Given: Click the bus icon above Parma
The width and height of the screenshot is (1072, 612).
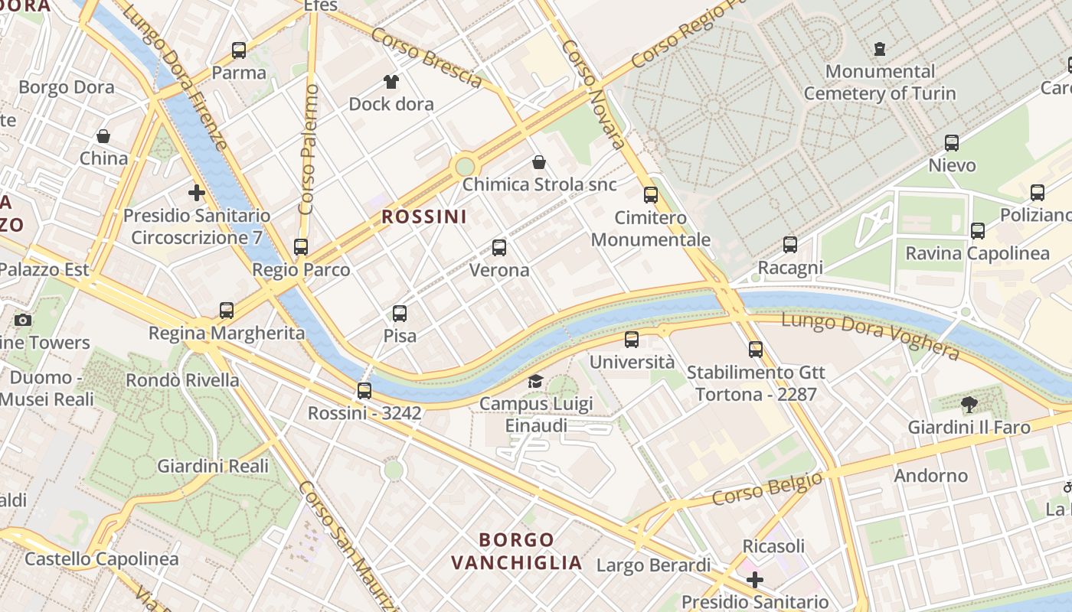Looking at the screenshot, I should tap(239, 50).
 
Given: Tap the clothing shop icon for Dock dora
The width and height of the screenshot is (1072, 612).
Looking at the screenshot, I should tap(391, 82).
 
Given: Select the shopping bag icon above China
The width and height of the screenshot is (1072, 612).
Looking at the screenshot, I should tap(103, 136).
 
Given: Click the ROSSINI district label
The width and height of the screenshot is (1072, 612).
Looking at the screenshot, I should tap(424, 216).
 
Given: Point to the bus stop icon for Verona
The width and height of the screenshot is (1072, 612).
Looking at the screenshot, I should tap(499, 248).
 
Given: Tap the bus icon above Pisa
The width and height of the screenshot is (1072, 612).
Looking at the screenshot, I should tap(400, 314).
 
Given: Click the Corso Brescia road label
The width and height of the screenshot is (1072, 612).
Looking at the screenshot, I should tap(427, 57).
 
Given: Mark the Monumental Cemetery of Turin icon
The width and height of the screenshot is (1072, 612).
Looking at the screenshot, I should tap(880, 49).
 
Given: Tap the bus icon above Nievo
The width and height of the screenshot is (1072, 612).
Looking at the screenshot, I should tap(952, 143).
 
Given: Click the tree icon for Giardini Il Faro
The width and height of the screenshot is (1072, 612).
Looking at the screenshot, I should tap(969, 405).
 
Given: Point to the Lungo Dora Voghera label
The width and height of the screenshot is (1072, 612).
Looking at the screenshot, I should tap(870, 335).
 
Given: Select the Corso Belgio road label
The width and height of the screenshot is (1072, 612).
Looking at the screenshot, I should tap(767, 489).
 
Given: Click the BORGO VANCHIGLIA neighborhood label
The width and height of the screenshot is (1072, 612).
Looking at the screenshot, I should tap(517, 552).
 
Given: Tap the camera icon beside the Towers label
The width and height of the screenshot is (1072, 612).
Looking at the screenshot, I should tap(23, 320).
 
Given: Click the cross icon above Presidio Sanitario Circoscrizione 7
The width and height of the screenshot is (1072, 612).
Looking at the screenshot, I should tap(197, 193).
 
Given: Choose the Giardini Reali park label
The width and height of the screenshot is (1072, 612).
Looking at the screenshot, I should tap(213, 466).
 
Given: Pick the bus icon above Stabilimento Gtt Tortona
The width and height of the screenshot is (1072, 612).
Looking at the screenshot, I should tap(756, 350).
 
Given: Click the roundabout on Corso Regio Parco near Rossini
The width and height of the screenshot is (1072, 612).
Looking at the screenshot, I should tap(465, 166).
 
